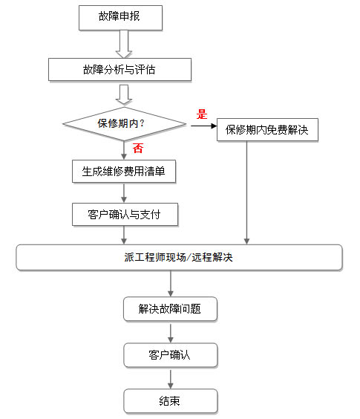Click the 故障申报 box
tap(120, 18)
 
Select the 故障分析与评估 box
tap(120, 70)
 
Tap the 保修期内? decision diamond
tap(124, 124)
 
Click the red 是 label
tap(202, 114)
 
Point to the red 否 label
tap(138, 148)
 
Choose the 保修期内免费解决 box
tap(267, 129)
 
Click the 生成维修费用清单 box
tap(124, 172)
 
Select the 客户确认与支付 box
tap(125, 214)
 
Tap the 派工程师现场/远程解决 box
tap(179, 257)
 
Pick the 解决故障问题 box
tap(170, 308)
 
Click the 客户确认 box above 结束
tap(171, 355)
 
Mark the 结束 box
tap(171, 401)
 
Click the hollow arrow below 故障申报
tap(124, 44)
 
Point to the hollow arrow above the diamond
tap(124, 94)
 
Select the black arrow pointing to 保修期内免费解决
tap(204, 126)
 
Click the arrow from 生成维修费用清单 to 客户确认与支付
tap(124, 193)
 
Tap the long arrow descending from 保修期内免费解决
tap(246, 192)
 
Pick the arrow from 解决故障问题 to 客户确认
tap(171, 334)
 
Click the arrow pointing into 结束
tap(171, 380)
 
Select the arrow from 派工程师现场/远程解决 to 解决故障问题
tap(171, 284)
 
